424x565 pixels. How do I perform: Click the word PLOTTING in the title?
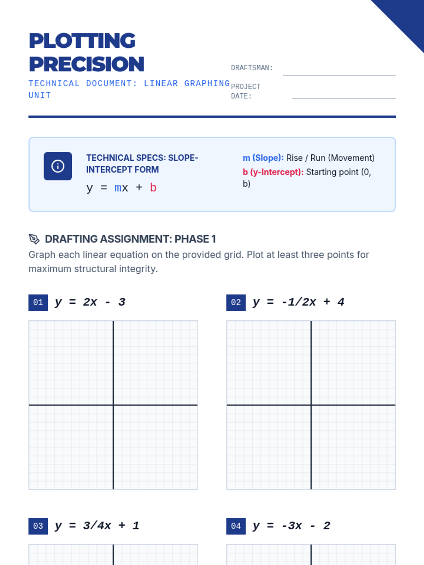pyautogui.click(x=82, y=41)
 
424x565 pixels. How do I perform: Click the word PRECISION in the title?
pyautogui.click(x=87, y=64)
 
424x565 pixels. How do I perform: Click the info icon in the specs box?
pyautogui.click(x=58, y=166)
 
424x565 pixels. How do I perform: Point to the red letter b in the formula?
pyautogui.click(x=153, y=188)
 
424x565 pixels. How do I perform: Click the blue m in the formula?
pyautogui.click(x=118, y=188)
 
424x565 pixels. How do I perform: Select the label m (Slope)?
pyautogui.click(x=263, y=158)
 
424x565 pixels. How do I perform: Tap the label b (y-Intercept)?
pyautogui.click(x=273, y=172)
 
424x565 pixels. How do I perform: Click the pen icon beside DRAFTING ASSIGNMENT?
pyautogui.click(x=34, y=239)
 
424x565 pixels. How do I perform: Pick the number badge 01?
pyautogui.click(x=38, y=302)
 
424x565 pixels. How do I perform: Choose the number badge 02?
pyautogui.click(x=236, y=302)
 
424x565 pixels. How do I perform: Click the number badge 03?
pyautogui.click(x=38, y=526)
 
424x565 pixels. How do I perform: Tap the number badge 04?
pyautogui.click(x=236, y=526)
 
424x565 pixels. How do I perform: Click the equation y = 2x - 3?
pyautogui.click(x=90, y=302)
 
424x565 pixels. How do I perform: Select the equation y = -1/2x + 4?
pyautogui.click(x=299, y=302)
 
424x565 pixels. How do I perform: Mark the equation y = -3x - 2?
pyautogui.click(x=291, y=526)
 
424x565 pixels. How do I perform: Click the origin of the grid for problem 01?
pyautogui.click(x=113, y=405)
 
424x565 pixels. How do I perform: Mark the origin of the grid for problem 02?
pyautogui.click(x=311, y=405)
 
